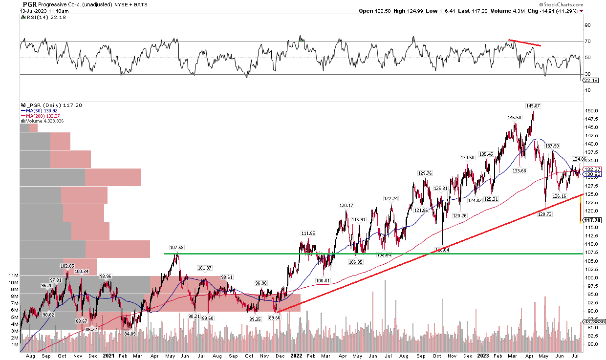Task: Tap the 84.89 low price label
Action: (130, 334)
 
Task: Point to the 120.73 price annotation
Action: (547, 214)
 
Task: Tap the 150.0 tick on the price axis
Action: (590, 110)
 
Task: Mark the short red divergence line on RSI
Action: (525, 42)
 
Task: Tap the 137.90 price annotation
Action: (552, 146)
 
